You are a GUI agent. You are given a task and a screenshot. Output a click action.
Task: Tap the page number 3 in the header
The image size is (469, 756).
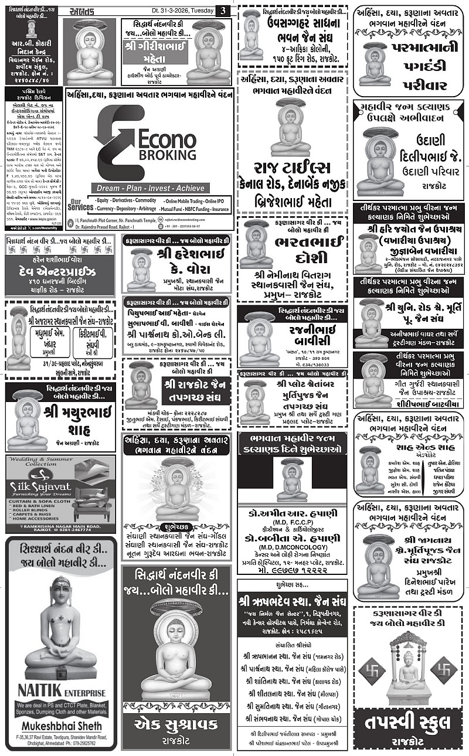point(223,11)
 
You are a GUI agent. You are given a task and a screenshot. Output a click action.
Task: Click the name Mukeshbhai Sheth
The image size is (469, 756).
point(61,724)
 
